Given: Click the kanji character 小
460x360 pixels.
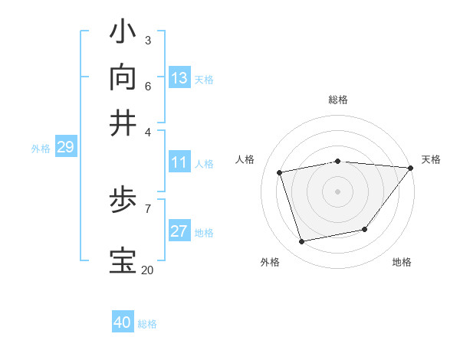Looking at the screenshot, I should [x=123, y=33].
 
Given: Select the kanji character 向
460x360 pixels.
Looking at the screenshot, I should [x=123, y=77].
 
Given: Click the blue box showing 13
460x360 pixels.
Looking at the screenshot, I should [x=179, y=78].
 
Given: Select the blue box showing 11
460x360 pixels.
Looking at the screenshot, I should [x=179, y=162].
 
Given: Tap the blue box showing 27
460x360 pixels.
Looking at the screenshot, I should [x=179, y=232].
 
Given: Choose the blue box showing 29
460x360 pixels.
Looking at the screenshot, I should [x=65, y=148].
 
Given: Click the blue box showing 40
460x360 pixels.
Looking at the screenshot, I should [x=123, y=322].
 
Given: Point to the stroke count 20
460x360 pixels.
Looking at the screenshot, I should [x=147, y=270].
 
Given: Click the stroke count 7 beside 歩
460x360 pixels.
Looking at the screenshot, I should [x=147, y=208].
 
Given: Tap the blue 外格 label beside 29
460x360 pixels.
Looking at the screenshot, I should [x=41, y=149].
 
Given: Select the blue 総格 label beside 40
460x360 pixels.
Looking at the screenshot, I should [x=147, y=324].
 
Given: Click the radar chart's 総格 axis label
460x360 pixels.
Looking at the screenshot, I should [x=337, y=100].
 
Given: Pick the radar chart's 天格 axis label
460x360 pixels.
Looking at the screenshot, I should [x=431, y=159].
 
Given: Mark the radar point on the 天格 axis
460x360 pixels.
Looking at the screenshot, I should [x=410, y=168].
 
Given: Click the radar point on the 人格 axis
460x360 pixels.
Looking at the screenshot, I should [x=280, y=172].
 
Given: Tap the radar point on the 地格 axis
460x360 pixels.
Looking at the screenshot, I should [x=365, y=229].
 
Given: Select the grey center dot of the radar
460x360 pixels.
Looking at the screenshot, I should [x=337, y=191].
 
